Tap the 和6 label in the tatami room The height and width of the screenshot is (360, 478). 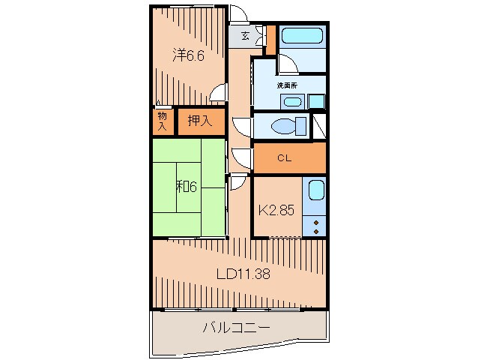point(187,187)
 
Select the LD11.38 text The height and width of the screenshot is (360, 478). point(243,274)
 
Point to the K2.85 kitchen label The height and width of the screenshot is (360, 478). point(276,210)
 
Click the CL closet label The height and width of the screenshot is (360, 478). point(284,157)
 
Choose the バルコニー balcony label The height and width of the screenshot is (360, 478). point(236,327)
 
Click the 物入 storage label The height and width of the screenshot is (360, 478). point(162,121)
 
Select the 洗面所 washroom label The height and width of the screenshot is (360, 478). point(288,85)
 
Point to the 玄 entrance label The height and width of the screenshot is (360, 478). point(245,36)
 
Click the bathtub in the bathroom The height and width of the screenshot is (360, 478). point(301,36)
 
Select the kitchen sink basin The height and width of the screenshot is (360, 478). point(316,192)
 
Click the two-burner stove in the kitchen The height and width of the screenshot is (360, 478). point(316,226)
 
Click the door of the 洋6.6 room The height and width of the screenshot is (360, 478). point(219,94)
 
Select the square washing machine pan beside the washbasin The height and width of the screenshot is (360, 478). point(316,101)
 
